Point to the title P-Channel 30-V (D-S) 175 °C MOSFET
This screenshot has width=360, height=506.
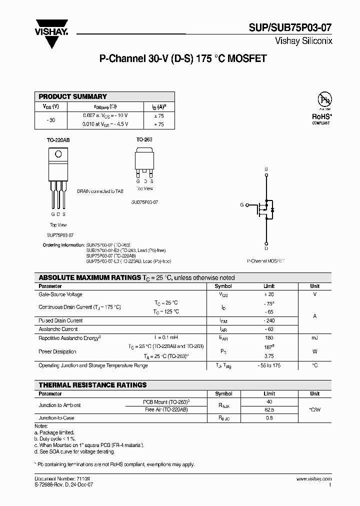tap(182, 58)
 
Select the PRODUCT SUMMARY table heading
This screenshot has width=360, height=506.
tap(73, 96)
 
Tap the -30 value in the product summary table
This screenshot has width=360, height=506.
tap(51, 120)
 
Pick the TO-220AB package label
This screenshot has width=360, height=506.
tap(58, 140)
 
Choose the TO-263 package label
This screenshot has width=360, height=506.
tap(144, 140)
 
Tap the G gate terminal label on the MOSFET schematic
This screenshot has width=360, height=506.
tap(241, 205)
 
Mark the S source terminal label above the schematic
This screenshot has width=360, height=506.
tap(266, 169)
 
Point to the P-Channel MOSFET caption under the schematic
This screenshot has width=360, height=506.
tap(266, 261)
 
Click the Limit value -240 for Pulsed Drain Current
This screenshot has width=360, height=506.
tap(269, 320)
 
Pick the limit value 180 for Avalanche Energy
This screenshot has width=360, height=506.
tap(269, 338)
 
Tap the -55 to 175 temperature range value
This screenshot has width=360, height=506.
tap(269, 365)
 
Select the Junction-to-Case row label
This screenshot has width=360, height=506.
tap(56, 417)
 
